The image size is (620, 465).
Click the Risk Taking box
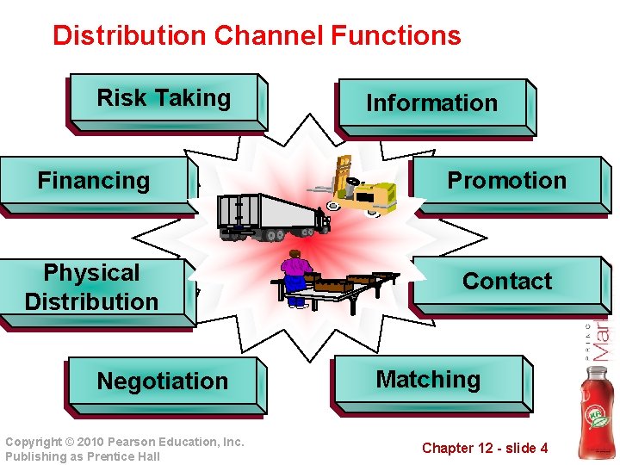pyautogui.click(x=164, y=99)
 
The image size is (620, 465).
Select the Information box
pyautogui.click(x=432, y=103)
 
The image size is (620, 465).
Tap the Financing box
pyautogui.click(x=94, y=181)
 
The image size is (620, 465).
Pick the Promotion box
pyautogui.click(x=506, y=181)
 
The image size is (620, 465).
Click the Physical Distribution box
pyautogui.click(x=92, y=288)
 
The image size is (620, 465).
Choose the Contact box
pyautogui.click(x=506, y=282)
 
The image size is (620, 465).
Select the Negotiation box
pyautogui.click(x=163, y=381)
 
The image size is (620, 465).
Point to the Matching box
pyautogui.click(x=428, y=380)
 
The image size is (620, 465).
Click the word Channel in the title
pyautogui.click(x=270, y=36)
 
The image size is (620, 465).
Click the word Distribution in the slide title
pyautogui.click(x=130, y=36)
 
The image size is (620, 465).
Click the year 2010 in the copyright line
pyautogui.click(x=96, y=442)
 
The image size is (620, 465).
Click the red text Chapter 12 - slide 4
pyautogui.click(x=484, y=448)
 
